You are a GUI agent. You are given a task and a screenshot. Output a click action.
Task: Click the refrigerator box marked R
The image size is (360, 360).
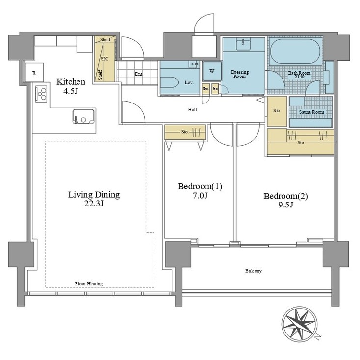point(33,73)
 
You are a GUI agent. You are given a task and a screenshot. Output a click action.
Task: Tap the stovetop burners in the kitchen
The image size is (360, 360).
point(41,93)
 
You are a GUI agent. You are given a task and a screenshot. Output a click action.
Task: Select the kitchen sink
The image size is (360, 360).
point(84,118)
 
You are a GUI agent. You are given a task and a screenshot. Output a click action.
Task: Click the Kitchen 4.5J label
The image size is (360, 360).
point(71,86)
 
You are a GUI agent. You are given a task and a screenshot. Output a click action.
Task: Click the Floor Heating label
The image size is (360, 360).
point(89,283)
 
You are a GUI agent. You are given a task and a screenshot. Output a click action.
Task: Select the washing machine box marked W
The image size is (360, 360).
point(212,71)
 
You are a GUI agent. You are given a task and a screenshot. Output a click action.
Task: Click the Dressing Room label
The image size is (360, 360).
point(240,74)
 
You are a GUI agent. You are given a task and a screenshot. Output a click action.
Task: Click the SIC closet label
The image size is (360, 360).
point(104,58)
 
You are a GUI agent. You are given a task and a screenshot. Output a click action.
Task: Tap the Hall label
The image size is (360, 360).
point(192,109)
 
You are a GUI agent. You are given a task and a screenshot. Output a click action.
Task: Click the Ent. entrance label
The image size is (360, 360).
point(139,74)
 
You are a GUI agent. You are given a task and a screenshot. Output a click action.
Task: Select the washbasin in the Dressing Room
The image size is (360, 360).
point(244,45)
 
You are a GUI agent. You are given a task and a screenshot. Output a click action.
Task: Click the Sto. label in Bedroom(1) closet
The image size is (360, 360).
point(185,131)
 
